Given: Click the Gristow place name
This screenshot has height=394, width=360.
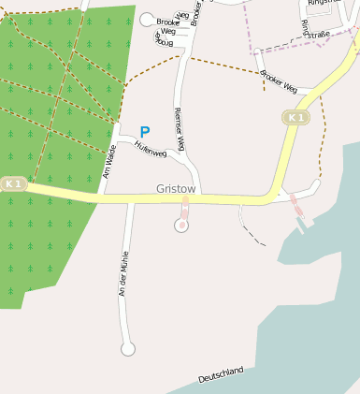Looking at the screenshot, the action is (176, 189).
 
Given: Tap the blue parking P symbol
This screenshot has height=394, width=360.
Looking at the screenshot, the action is (144, 133).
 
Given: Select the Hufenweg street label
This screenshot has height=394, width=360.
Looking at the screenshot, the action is (150, 149).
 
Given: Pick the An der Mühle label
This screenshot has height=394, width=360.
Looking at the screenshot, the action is (122, 273).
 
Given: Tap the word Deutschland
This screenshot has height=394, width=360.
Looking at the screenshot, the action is (221, 375).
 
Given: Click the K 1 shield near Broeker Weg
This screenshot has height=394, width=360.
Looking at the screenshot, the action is (295, 117).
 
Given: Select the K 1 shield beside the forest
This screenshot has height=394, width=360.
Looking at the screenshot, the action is (12, 184).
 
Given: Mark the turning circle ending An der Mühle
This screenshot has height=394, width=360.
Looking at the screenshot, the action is (128, 349).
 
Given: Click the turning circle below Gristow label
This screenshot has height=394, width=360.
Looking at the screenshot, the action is (181, 225).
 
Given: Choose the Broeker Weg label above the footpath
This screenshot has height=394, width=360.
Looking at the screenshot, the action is (279, 81).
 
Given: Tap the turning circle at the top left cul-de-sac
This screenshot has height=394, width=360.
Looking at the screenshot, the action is (146, 19).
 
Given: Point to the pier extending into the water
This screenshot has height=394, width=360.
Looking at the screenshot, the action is (298, 213).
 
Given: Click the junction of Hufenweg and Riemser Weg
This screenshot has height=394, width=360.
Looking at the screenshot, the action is (190, 171).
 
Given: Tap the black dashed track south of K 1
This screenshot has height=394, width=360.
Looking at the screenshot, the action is (248, 229).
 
